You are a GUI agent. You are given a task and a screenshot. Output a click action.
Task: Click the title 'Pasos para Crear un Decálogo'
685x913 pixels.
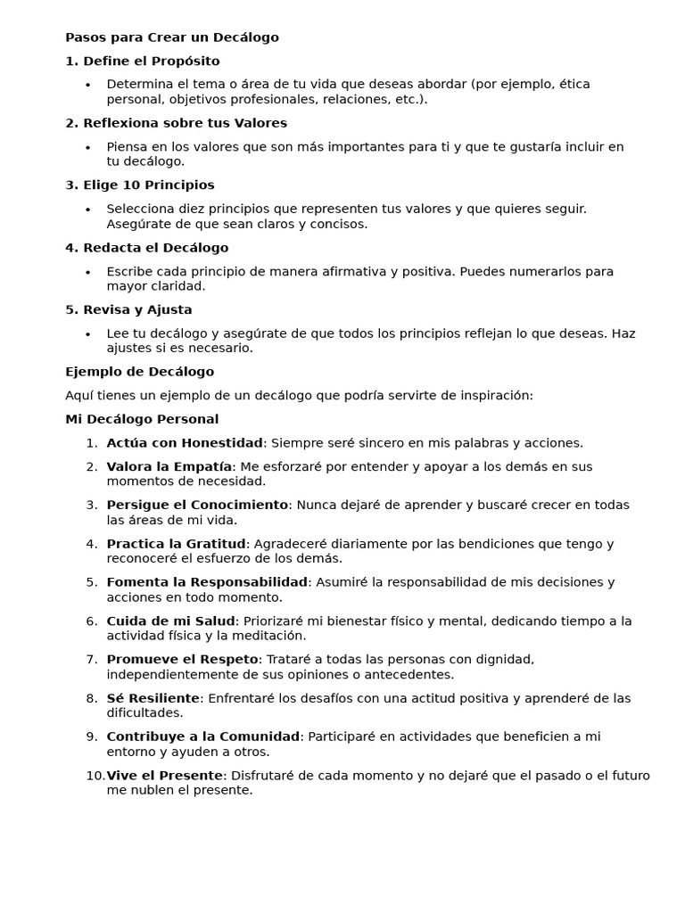pyautogui.click(x=172, y=37)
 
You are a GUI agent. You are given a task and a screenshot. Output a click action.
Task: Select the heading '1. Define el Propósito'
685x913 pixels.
pyautogui.click(x=143, y=61)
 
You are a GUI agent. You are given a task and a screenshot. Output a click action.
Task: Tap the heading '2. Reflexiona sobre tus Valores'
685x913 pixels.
pyautogui.click(x=177, y=123)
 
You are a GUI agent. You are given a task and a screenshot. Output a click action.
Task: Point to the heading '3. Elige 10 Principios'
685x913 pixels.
pyautogui.click(x=140, y=185)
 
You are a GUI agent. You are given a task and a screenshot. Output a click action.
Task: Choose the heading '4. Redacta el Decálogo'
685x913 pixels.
pyautogui.click(x=147, y=248)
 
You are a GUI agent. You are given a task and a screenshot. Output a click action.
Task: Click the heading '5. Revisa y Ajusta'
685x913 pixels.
pyautogui.click(x=129, y=309)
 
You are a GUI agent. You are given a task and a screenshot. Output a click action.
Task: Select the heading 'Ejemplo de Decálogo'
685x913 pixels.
pyautogui.click(x=140, y=372)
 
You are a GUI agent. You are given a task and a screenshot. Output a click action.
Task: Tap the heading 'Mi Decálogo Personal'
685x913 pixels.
pyautogui.click(x=142, y=419)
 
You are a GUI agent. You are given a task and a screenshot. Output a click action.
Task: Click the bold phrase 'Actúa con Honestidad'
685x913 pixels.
pyautogui.click(x=185, y=443)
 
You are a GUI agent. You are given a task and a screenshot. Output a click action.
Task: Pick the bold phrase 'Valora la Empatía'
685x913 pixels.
pyautogui.click(x=169, y=466)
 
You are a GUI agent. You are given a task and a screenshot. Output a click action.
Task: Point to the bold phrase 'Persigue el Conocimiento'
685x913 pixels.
pyautogui.click(x=197, y=505)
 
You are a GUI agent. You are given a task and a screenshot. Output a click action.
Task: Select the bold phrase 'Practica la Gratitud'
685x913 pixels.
pyautogui.click(x=176, y=544)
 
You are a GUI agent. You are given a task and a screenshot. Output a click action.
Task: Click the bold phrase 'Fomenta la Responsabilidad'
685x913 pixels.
pyautogui.click(x=207, y=582)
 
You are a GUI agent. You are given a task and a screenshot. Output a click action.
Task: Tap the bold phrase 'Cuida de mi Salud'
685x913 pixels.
pyautogui.click(x=171, y=621)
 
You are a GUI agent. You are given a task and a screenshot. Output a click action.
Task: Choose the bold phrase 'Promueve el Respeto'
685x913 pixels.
pyautogui.click(x=182, y=660)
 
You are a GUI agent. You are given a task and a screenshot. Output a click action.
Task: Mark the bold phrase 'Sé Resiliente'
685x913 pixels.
pyautogui.click(x=153, y=698)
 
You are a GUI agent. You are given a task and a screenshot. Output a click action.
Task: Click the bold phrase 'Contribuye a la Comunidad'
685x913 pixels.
pyautogui.click(x=202, y=736)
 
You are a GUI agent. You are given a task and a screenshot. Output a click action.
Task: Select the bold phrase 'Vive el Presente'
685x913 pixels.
pyautogui.click(x=164, y=776)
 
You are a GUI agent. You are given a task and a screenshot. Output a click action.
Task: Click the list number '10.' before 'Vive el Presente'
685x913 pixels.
pyautogui.click(x=95, y=776)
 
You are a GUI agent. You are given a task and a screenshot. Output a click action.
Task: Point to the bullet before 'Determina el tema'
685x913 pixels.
pyautogui.click(x=88, y=85)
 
